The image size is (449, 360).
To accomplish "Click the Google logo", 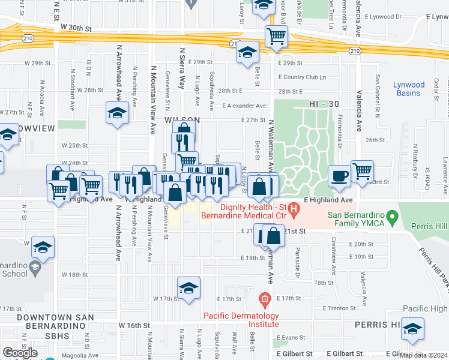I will click(20, 353).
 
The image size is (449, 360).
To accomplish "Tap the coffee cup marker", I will click(340, 176).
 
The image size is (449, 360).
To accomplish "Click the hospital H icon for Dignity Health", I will click(294, 211).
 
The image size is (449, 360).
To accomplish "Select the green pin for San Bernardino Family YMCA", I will click(393, 215).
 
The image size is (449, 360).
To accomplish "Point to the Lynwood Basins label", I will click(409, 89).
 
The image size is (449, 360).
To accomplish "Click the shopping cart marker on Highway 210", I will click(276, 36).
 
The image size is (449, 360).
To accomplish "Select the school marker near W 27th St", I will click(118, 112).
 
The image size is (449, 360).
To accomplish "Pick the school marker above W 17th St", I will click(188, 289).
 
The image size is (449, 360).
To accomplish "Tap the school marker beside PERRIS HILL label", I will click(412, 329).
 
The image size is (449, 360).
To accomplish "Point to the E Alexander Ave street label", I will click(243, 106).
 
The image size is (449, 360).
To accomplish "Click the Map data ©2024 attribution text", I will click(424, 355).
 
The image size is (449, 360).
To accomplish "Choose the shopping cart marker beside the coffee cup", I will click(362, 172).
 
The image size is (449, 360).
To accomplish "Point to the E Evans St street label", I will click(294, 338).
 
